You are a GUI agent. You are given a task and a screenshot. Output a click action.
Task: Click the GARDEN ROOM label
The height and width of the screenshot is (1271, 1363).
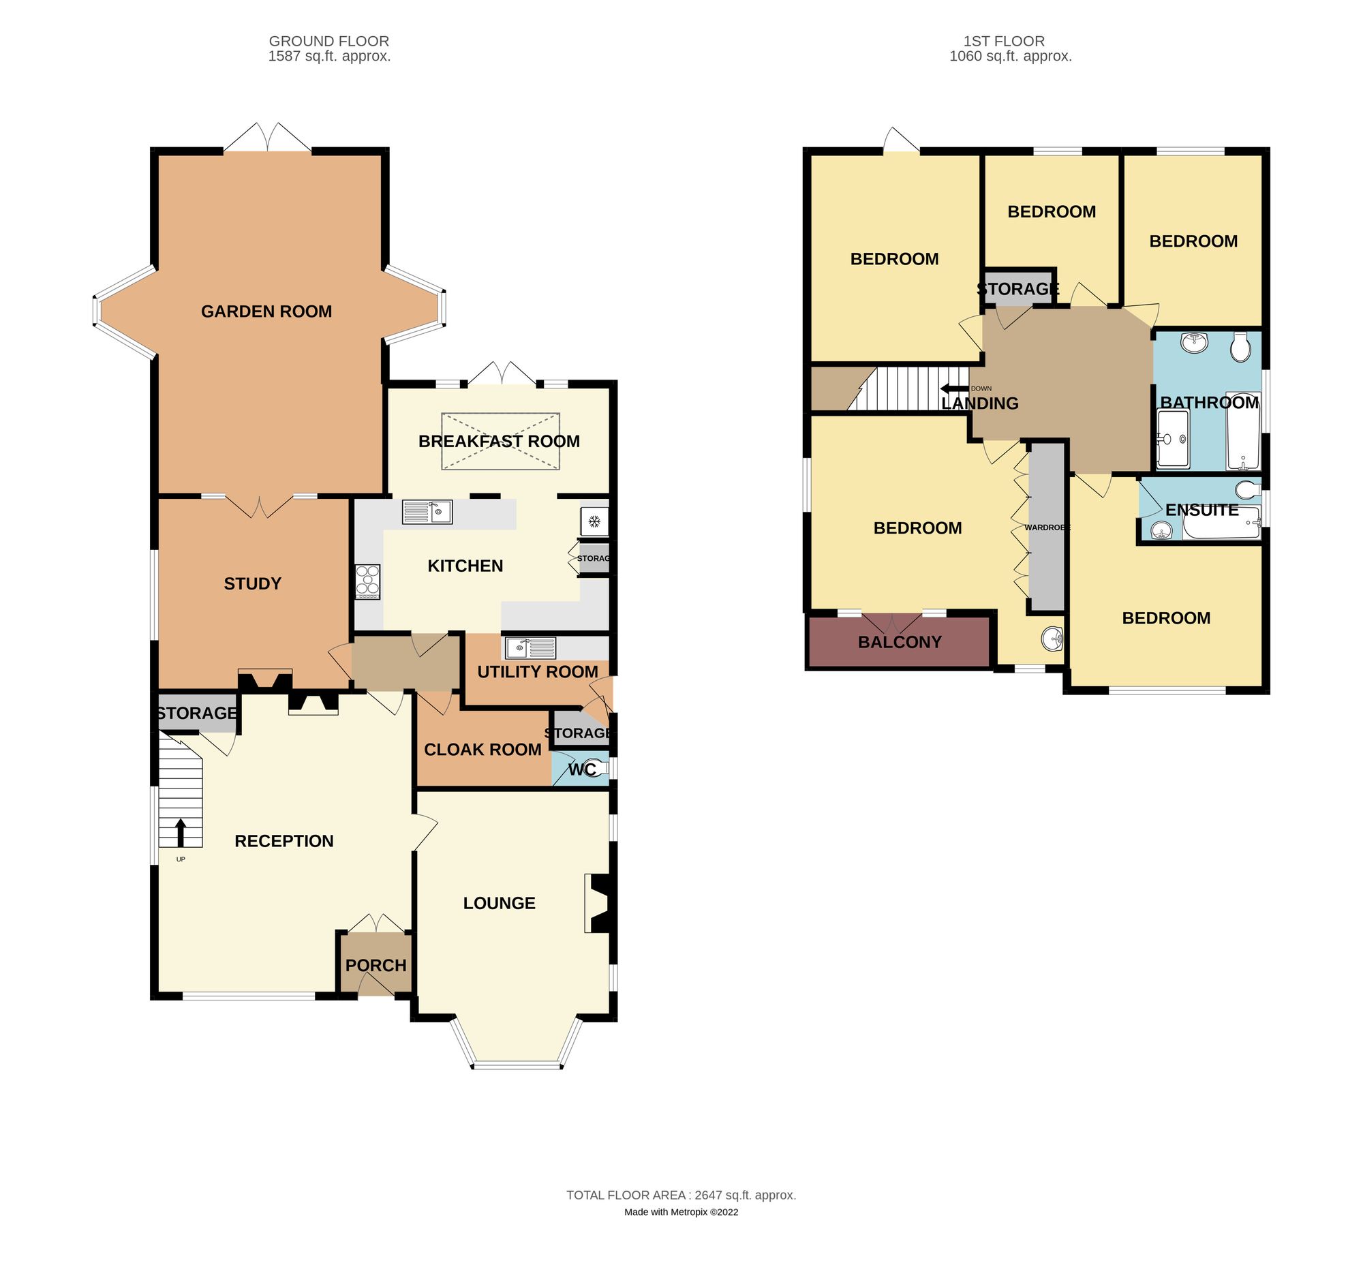tap(266, 311)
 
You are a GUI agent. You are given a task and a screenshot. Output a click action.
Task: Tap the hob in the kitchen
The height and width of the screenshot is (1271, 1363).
tap(367, 581)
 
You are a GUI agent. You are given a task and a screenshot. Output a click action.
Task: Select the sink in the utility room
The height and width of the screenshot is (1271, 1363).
tap(530, 647)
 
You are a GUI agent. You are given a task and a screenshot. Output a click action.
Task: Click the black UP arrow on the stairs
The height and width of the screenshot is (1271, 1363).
tap(181, 832)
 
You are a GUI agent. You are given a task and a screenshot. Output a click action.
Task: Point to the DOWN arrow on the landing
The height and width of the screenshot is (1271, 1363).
tap(954, 388)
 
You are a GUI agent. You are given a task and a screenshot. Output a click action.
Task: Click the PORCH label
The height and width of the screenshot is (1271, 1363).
tap(376, 965)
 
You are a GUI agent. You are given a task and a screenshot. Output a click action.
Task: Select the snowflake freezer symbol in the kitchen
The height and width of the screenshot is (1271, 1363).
tap(594, 522)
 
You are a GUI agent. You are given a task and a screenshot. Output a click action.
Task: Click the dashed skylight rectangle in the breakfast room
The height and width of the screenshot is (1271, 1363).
tap(500, 442)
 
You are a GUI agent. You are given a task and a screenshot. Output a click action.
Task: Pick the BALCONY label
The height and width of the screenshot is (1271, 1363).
tap(900, 643)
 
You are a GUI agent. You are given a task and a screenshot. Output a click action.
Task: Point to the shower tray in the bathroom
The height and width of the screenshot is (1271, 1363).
tap(1173, 439)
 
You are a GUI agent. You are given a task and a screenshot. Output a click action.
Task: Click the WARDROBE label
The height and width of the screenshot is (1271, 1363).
tap(1047, 527)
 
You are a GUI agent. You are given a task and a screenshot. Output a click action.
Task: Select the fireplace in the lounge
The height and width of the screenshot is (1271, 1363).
tap(598, 903)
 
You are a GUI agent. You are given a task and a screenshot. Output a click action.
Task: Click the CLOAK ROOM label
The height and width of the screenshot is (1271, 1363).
tap(483, 749)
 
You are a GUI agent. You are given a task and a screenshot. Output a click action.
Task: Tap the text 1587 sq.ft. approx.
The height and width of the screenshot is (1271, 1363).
tap(329, 56)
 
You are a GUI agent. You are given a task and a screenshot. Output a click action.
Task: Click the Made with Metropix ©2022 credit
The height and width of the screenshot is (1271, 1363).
tap(681, 1211)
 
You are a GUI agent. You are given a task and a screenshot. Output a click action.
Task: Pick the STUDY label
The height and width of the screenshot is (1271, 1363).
tap(252, 583)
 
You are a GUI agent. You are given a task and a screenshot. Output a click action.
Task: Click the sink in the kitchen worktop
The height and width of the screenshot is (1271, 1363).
tap(427, 511)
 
